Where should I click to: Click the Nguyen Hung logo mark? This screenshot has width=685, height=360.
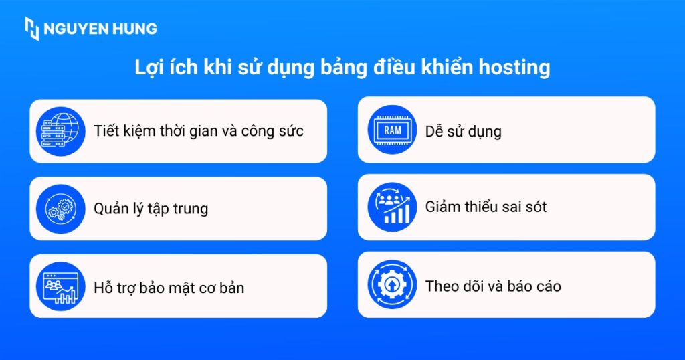pyautogui.click(x=31, y=29)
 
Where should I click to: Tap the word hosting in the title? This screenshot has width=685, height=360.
pyautogui.click(x=520, y=68)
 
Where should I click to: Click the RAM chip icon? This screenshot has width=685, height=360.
pyautogui.click(x=393, y=130)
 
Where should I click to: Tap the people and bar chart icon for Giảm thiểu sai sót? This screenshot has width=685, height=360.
pyautogui.click(x=393, y=207)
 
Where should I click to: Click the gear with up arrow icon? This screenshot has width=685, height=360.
pyautogui.click(x=393, y=286)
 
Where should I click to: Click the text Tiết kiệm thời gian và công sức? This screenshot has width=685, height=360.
pyautogui.click(x=199, y=131)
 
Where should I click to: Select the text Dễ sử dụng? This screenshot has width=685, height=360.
pyautogui.click(x=463, y=131)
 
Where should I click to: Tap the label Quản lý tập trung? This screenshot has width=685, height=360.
pyautogui.click(x=151, y=209)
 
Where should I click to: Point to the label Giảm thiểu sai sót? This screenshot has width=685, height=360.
pyautogui.click(x=486, y=207)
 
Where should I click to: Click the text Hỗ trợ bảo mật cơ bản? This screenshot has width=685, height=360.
pyautogui.click(x=169, y=288)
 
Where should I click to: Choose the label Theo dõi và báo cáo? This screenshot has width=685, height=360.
pyautogui.click(x=493, y=286)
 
